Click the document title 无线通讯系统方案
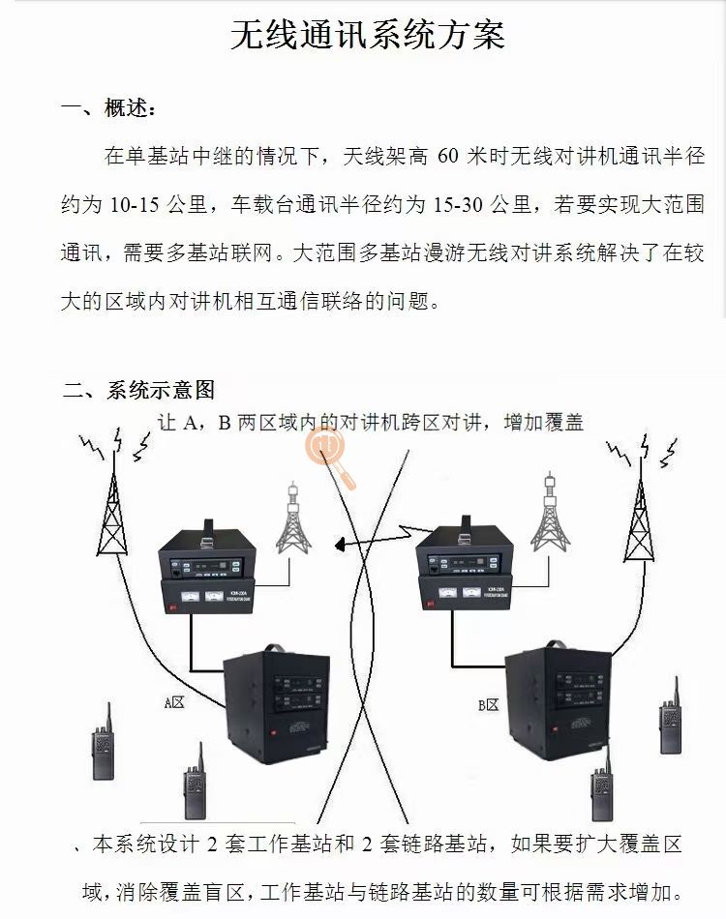[368, 36]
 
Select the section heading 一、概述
[107, 108]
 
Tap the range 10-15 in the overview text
[135, 204]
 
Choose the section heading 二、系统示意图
[138, 390]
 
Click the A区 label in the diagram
[173, 703]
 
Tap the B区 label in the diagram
[488, 705]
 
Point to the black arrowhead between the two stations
[341, 546]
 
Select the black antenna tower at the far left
[113, 513]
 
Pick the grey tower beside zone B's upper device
[550, 513]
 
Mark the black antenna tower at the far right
[638, 518]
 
